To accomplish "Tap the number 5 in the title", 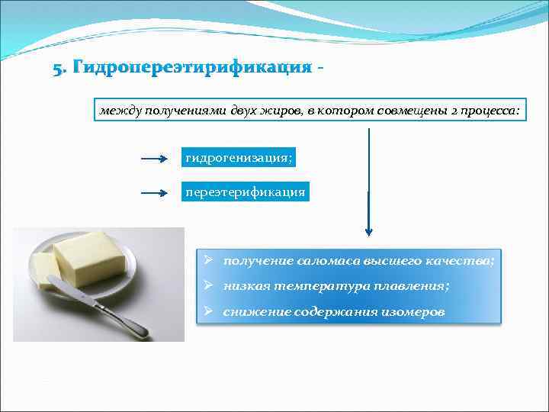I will tap(57, 69).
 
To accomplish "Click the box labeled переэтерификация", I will tap(246, 192).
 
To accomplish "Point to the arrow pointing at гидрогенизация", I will tap(154, 159).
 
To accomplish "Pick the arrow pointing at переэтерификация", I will tap(154, 193).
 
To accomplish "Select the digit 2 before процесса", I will tap(454, 111).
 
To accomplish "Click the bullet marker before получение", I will tap(207, 260).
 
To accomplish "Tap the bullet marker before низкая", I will tap(207, 285).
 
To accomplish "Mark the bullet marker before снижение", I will tap(207, 311).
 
